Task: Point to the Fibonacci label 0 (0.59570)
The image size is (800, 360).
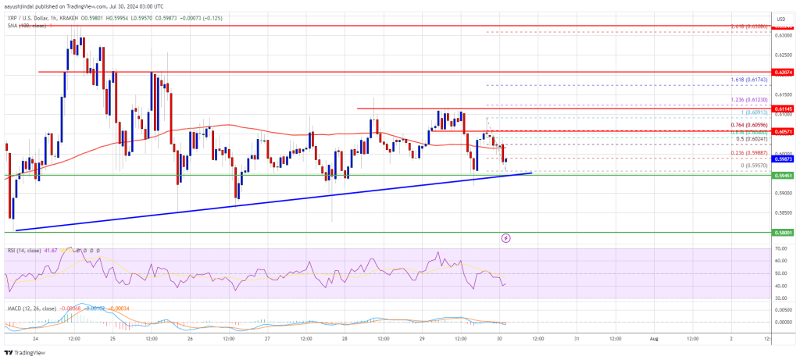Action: [x=754, y=166]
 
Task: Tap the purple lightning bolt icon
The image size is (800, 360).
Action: [x=506, y=238]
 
